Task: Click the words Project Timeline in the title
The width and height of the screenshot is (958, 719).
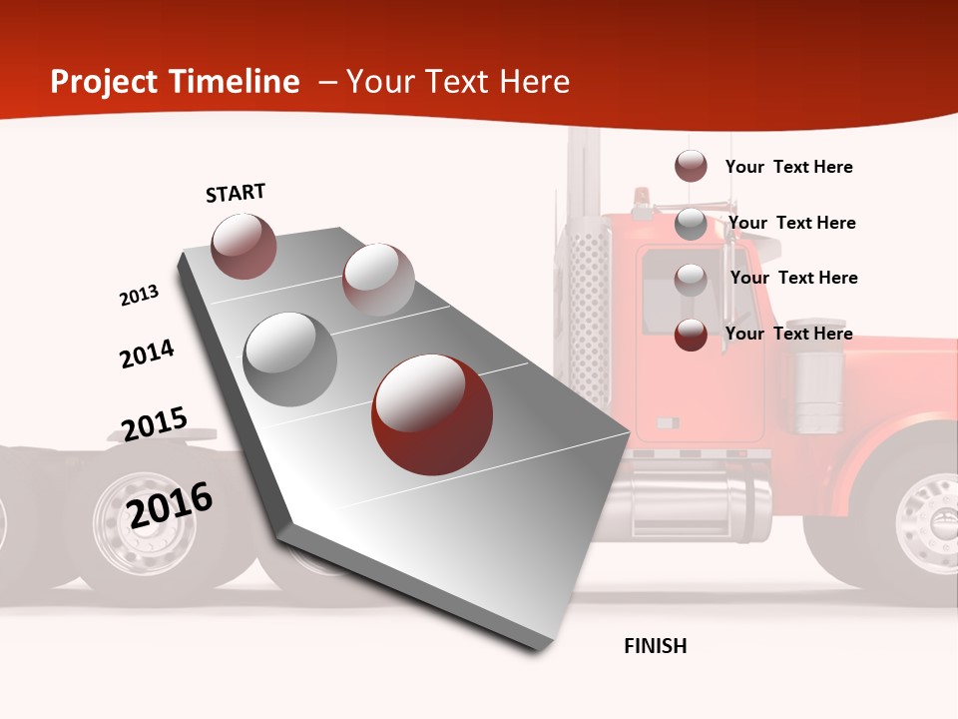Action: click(175, 82)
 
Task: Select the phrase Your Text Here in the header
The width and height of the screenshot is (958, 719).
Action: click(458, 82)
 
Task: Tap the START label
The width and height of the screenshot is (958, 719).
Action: click(236, 193)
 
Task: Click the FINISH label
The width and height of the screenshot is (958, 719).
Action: click(656, 646)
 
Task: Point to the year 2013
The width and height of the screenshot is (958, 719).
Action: click(139, 296)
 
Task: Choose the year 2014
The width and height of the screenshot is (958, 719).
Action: click(147, 354)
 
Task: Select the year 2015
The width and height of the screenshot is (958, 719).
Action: click(154, 424)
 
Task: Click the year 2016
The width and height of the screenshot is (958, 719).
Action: click(170, 504)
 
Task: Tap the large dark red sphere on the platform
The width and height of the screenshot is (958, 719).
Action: click(431, 414)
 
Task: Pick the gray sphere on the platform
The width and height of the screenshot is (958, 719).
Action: click(290, 359)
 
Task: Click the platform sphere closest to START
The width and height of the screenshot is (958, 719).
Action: click(244, 246)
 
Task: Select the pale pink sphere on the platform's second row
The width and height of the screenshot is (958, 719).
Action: click(378, 280)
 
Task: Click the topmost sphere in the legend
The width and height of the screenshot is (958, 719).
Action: click(691, 166)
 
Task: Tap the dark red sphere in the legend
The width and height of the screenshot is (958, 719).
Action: click(691, 335)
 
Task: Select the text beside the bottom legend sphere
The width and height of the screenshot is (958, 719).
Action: click(788, 334)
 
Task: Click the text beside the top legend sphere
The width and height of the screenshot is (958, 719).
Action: click(788, 167)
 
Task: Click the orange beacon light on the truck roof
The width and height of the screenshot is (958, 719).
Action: click(640, 194)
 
